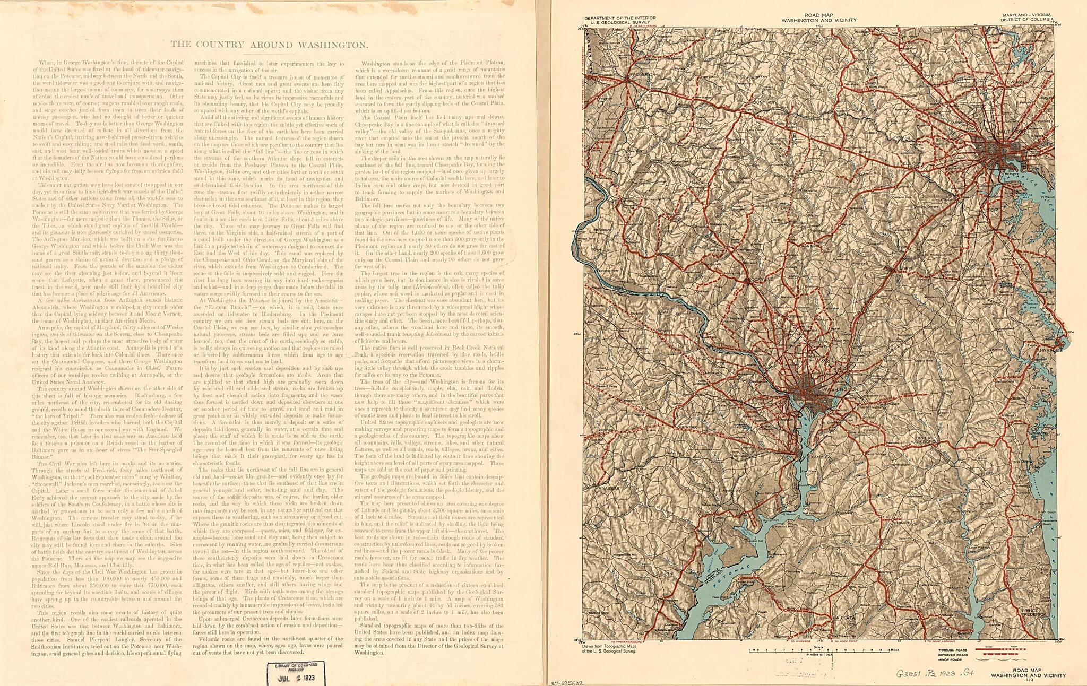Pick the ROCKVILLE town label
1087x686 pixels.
(761, 278)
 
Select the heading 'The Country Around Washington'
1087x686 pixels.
(269, 45)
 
